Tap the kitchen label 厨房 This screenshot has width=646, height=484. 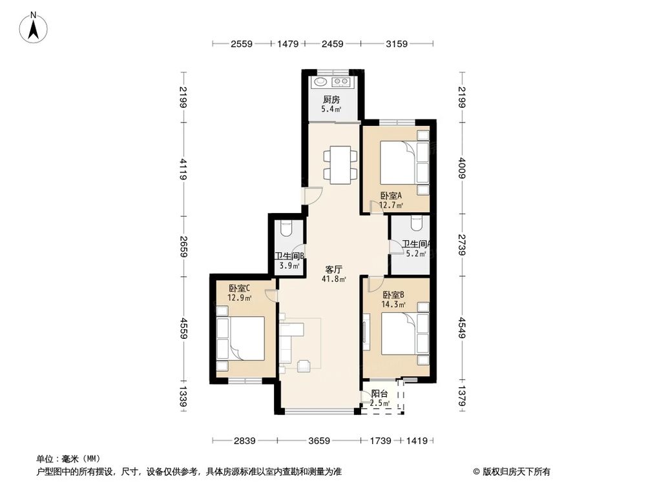(x=331, y=99)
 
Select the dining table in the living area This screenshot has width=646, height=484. (x=339, y=165)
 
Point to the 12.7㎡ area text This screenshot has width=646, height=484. (x=391, y=206)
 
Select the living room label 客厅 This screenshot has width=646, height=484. (x=333, y=270)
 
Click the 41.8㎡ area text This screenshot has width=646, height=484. (x=333, y=279)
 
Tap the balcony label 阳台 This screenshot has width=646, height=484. (x=379, y=394)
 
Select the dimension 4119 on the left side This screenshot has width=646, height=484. (x=183, y=169)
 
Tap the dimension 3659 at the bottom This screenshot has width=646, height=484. (x=319, y=441)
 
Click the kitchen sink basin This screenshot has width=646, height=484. (x=320, y=82)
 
